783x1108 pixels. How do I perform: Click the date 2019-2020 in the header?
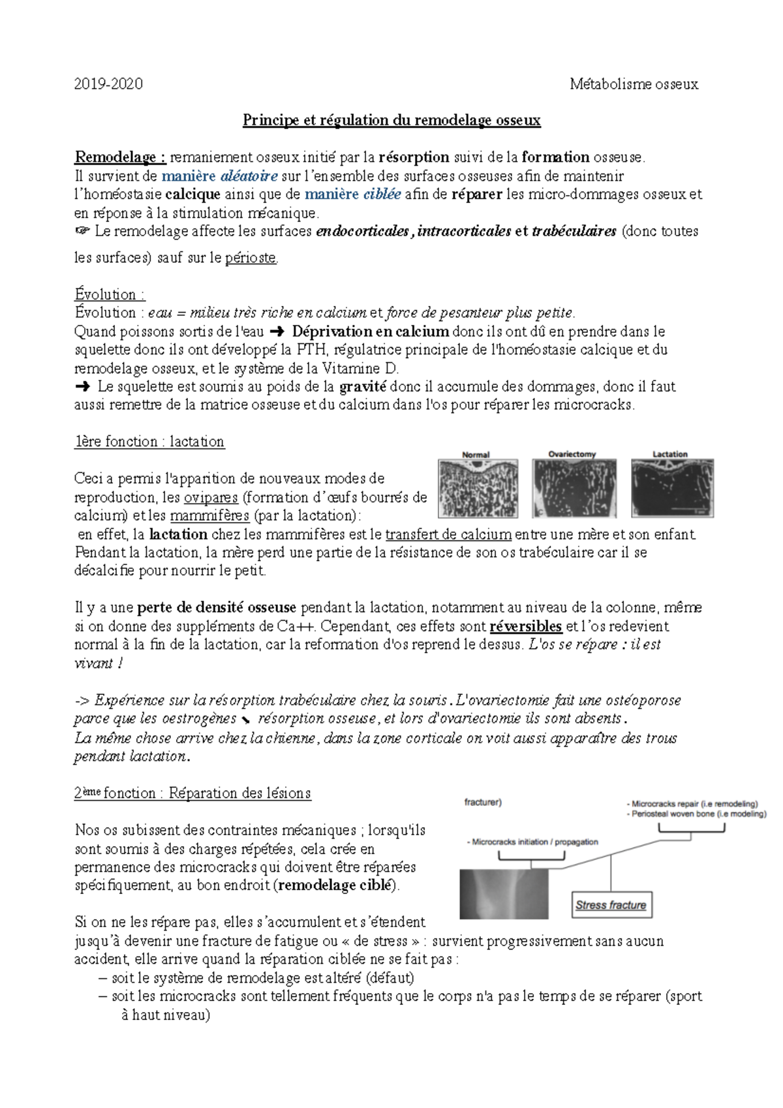click(108, 84)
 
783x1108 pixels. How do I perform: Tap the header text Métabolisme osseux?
click(634, 84)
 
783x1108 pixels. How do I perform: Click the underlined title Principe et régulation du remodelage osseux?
click(391, 120)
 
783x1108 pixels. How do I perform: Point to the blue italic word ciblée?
click(382, 194)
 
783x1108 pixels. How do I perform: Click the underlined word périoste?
click(251, 258)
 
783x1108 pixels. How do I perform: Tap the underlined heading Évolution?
click(108, 294)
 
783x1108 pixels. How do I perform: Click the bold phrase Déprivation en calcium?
click(370, 331)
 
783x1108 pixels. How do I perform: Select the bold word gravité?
click(363, 386)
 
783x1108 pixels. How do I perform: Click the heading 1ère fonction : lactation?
click(149, 442)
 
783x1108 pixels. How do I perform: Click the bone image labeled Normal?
click(478, 488)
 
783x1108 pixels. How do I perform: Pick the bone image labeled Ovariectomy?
click(574, 488)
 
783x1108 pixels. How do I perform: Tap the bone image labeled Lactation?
click(672, 488)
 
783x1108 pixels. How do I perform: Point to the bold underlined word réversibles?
click(525, 626)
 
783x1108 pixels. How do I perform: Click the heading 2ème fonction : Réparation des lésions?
click(192, 793)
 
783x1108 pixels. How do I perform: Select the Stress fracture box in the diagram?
click(611, 905)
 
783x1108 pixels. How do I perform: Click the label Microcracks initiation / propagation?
click(532, 842)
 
